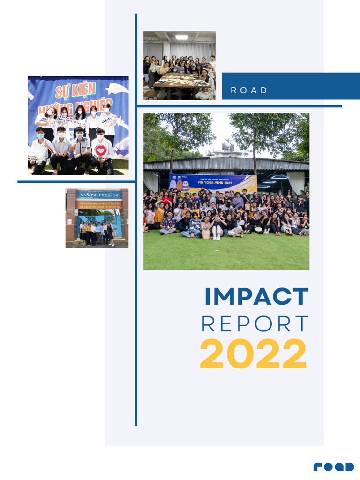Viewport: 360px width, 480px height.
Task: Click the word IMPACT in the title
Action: tap(256, 297)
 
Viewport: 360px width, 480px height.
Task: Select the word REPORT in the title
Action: tap(255, 324)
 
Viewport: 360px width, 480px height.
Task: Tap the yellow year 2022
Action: tap(253, 354)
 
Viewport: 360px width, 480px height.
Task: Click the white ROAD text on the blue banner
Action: tap(249, 90)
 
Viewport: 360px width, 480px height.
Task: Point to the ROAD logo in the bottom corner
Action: tap(334, 466)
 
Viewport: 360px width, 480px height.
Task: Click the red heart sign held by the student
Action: tap(100, 151)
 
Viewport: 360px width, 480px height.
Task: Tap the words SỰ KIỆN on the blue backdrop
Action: tap(75, 89)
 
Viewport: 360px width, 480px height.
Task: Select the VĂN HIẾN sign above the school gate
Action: tap(97, 195)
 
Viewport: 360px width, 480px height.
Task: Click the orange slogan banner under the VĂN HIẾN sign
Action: tap(97, 205)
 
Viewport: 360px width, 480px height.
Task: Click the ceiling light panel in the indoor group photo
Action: tap(181, 37)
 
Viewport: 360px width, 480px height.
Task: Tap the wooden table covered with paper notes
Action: tap(180, 80)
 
